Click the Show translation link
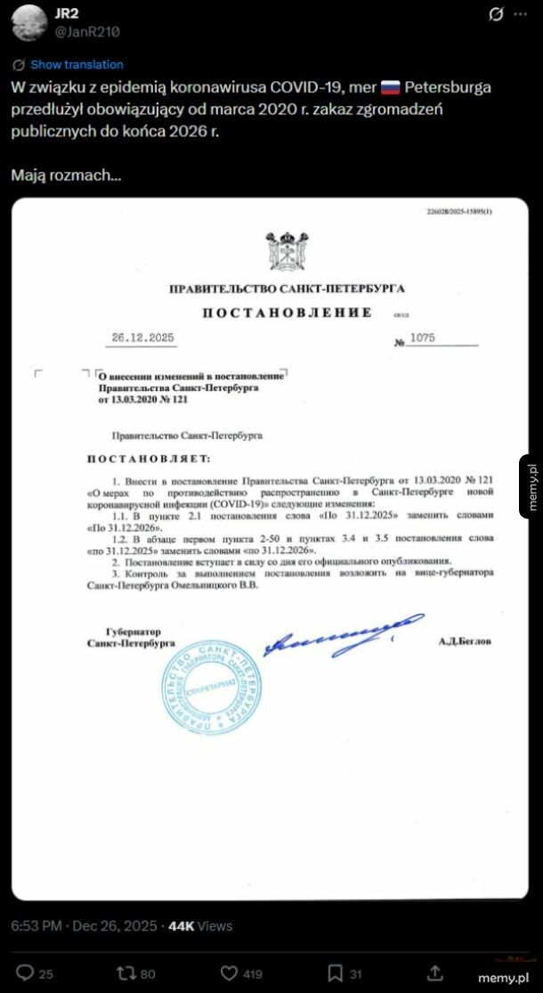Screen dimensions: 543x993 pyautogui.click(x=77, y=65)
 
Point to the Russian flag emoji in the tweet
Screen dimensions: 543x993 pyautogui.click(x=391, y=87)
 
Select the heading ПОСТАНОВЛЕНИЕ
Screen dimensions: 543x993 pyautogui.click(x=286, y=313)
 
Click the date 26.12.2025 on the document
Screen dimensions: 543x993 pyautogui.click(x=143, y=338)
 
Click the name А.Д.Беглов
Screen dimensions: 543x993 pyautogui.click(x=464, y=641)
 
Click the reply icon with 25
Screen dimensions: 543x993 pyautogui.click(x=26, y=973)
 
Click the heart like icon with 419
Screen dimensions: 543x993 pyautogui.click(x=229, y=973)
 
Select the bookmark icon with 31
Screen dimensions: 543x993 pyautogui.click(x=336, y=973)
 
